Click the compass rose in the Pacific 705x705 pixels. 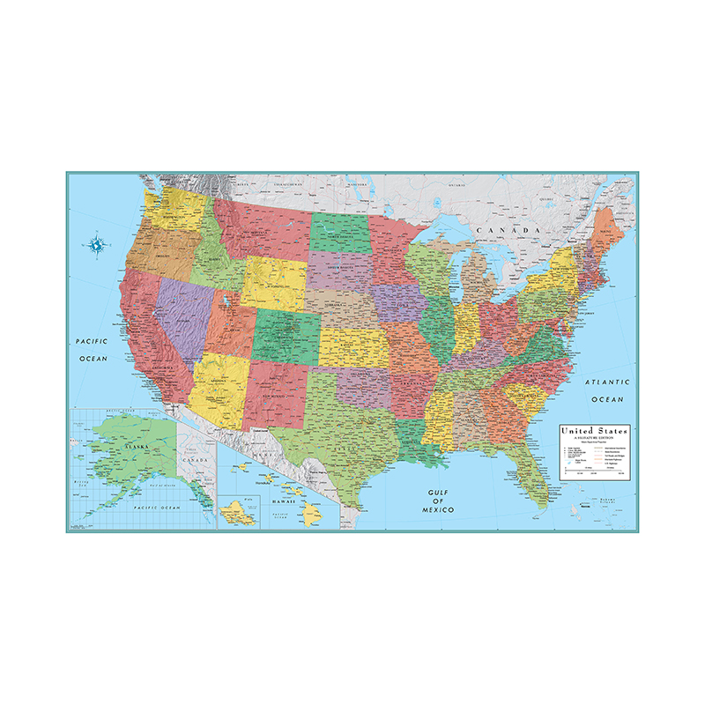click(95, 244)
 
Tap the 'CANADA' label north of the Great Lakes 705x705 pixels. click(507, 231)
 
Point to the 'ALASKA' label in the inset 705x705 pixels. click(137, 448)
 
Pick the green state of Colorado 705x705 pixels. click(287, 334)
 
